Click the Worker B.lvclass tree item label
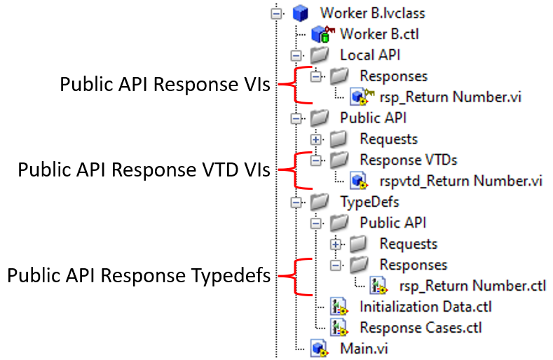[372, 13]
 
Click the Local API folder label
[370, 55]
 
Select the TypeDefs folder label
[370, 202]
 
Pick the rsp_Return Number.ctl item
[472, 285]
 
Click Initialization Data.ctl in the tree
[425, 306]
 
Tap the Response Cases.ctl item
[421, 327]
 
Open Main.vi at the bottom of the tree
[365, 347]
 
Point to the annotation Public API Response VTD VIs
[144, 170]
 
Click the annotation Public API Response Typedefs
[139, 275]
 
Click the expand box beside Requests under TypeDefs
[336, 244]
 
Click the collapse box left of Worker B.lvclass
[278, 13]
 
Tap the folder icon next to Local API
[319, 55]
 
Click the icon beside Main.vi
[320, 347]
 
